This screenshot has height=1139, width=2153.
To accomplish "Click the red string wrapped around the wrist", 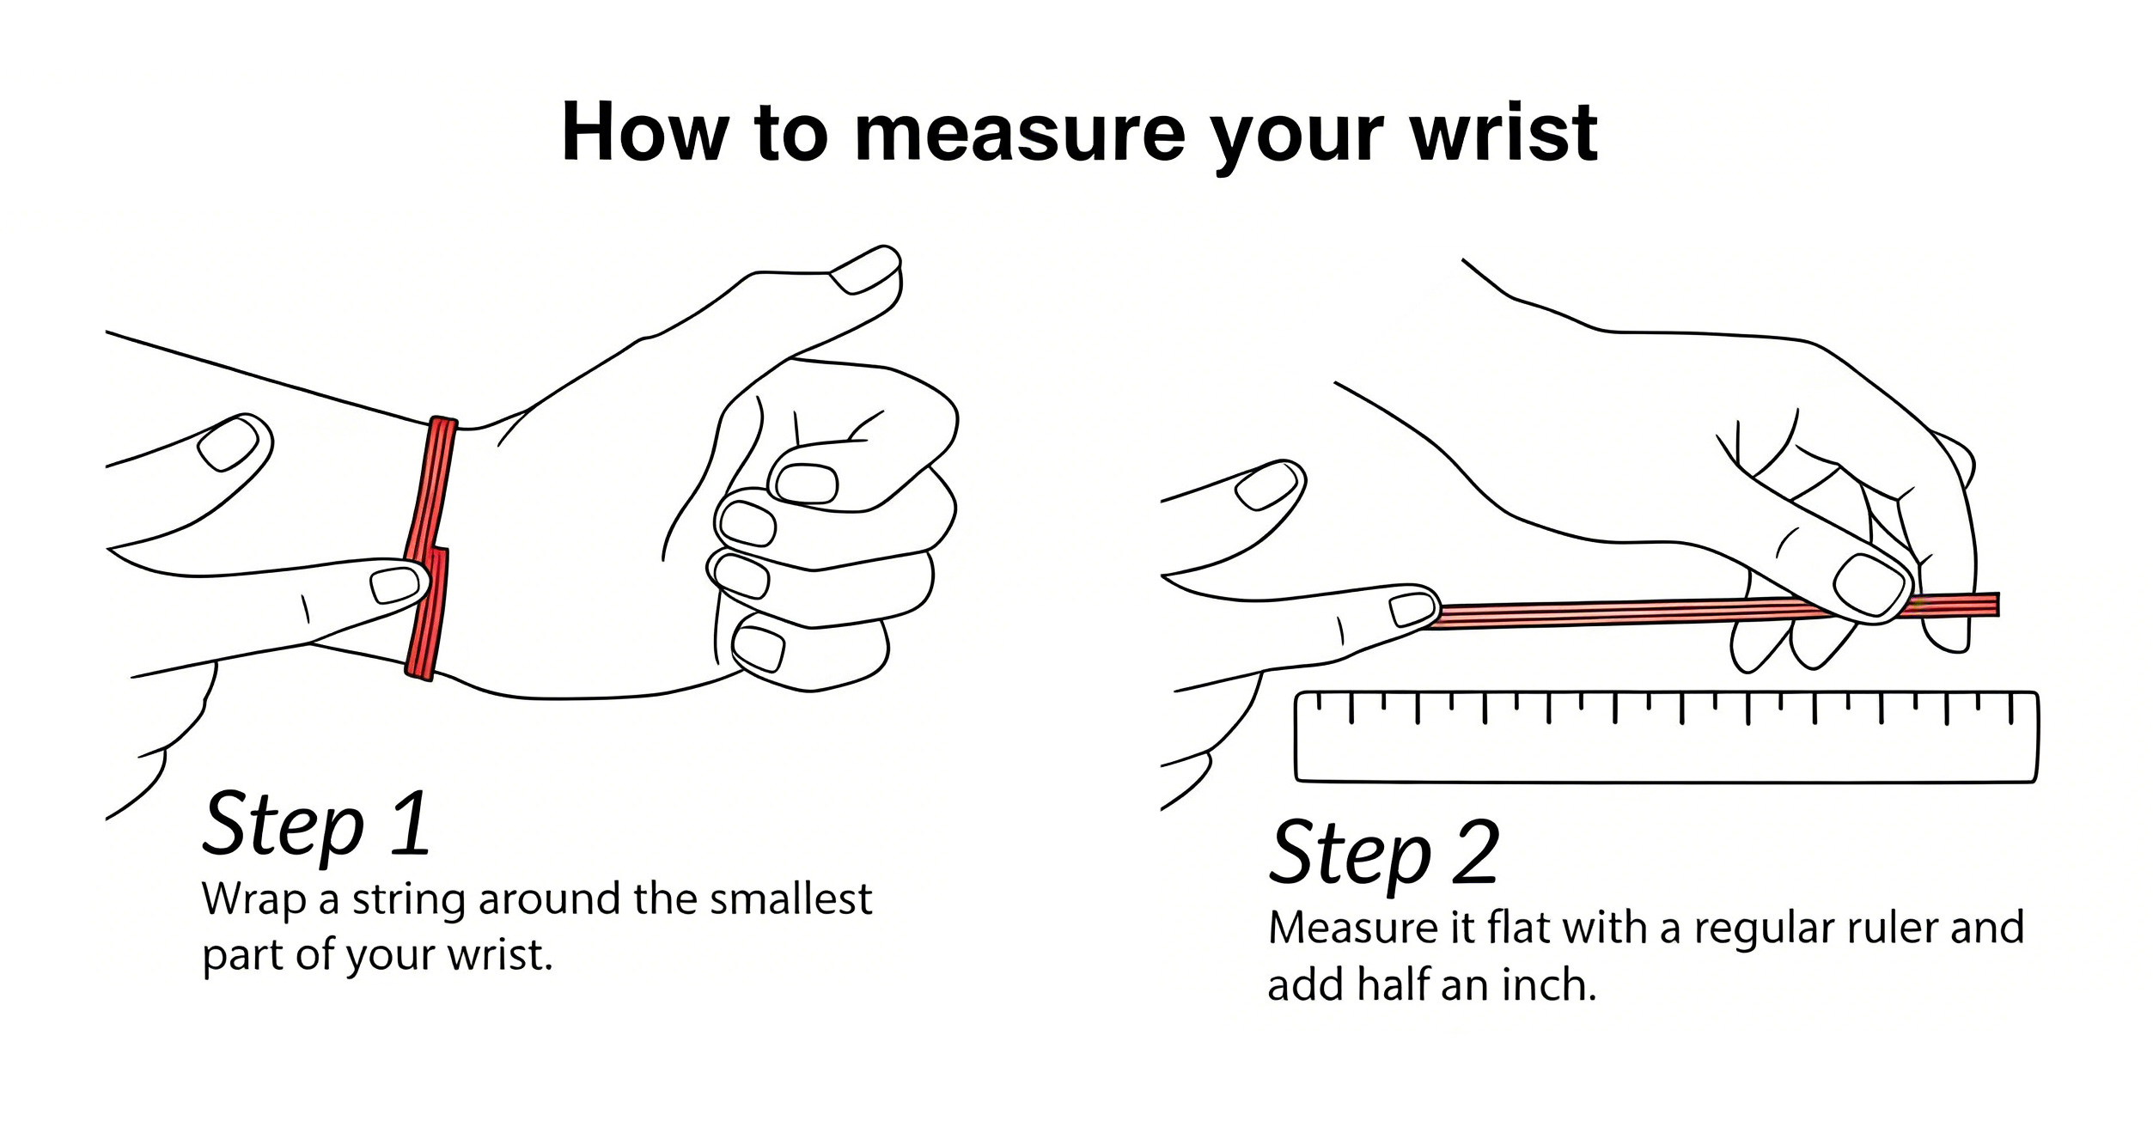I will [430, 550].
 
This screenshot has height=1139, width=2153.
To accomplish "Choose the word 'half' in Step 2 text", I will [1393, 984].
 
